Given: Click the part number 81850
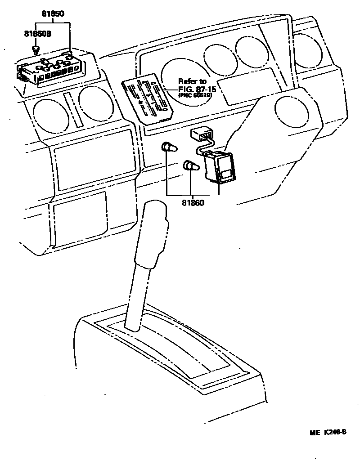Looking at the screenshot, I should [x=53, y=14].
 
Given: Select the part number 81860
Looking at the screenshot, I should [x=193, y=202].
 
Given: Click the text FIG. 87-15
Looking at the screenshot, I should [x=197, y=89].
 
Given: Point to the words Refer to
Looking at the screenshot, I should [x=192, y=81].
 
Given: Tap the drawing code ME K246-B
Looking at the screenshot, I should [x=327, y=433].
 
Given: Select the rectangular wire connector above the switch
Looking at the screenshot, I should [x=202, y=134].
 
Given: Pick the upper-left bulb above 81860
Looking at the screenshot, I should [x=168, y=147].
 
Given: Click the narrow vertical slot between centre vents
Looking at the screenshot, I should [x=71, y=110].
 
